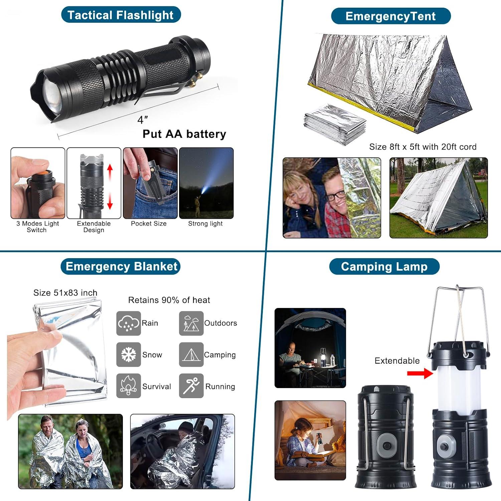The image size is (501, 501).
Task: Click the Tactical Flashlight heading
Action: click(121, 15)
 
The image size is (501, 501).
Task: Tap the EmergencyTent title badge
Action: click(390, 16)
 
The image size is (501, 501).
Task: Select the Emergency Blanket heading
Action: click(121, 267)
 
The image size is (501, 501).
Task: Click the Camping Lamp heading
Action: click(384, 267)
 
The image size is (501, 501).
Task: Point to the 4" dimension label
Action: click(142, 120)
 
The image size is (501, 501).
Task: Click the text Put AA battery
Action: click(184, 134)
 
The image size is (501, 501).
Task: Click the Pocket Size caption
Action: click(149, 223)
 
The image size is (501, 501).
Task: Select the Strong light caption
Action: click(205, 223)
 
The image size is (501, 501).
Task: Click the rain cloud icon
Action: click(128, 323)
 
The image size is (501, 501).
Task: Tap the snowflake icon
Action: click(128, 354)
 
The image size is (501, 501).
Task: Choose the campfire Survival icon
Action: click(128, 386)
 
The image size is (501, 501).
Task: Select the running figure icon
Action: click(191, 386)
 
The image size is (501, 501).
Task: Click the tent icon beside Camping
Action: click(191, 354)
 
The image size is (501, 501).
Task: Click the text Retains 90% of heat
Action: click(169, 300)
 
